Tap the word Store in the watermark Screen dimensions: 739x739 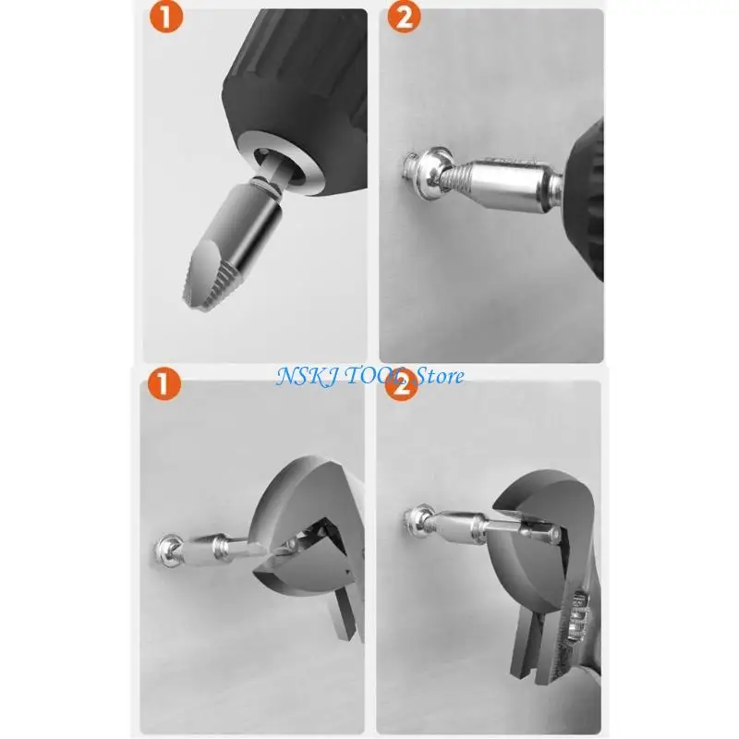coord(440,375)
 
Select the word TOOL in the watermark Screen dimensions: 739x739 coord(376,375)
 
